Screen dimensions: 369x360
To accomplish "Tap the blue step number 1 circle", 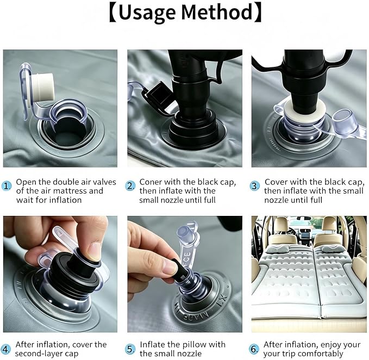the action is tap(7, 186).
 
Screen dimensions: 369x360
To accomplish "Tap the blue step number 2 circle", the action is tap(130, 186).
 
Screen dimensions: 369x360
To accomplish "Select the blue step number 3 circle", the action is tap(254, 186).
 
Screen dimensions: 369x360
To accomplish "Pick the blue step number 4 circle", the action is tap(5, 349).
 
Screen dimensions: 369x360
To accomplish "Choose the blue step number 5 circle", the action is tap(130, 349).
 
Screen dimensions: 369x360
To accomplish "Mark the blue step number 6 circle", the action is tap(254, 349).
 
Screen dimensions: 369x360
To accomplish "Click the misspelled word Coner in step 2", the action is tap(151, 182).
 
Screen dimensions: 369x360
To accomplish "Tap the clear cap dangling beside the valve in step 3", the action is tap(344, 120).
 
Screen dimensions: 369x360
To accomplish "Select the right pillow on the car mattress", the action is tap(332, 248).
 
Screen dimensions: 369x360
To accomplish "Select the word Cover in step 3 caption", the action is tap(274, 182).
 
